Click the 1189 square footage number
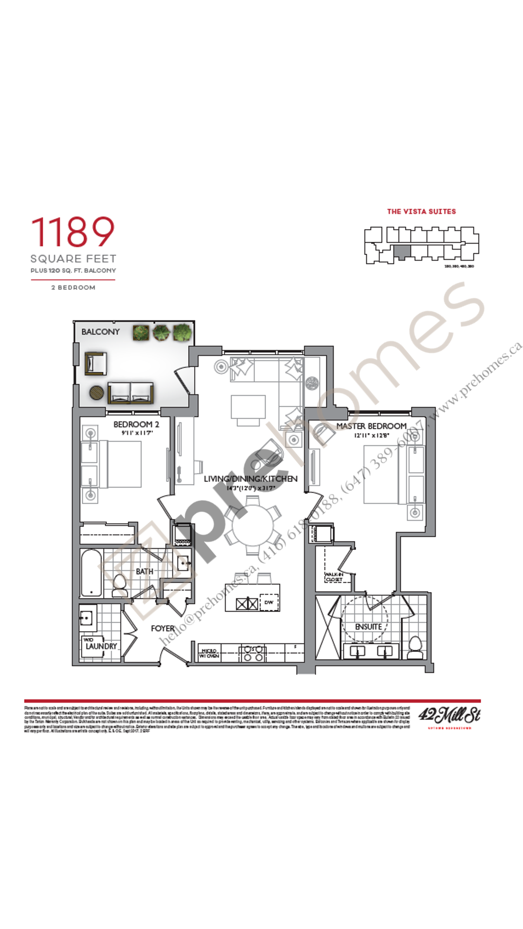point(73,232)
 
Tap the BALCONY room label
point(100,332)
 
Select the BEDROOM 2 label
point(136,424)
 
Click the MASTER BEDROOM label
point(371,426)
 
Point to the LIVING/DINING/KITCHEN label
point(251,479)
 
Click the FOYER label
point(162,628)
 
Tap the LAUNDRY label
point(101,646)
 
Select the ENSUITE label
point(368,627)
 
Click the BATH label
point(144,571)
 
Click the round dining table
point(253,526)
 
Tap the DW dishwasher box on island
point(269,602)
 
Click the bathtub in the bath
point(91,573)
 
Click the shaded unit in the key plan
point(402,252)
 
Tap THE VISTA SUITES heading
point(421,211)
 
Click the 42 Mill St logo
point(449,715)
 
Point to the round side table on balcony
point(97,393)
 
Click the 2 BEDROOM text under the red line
point(73,288)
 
